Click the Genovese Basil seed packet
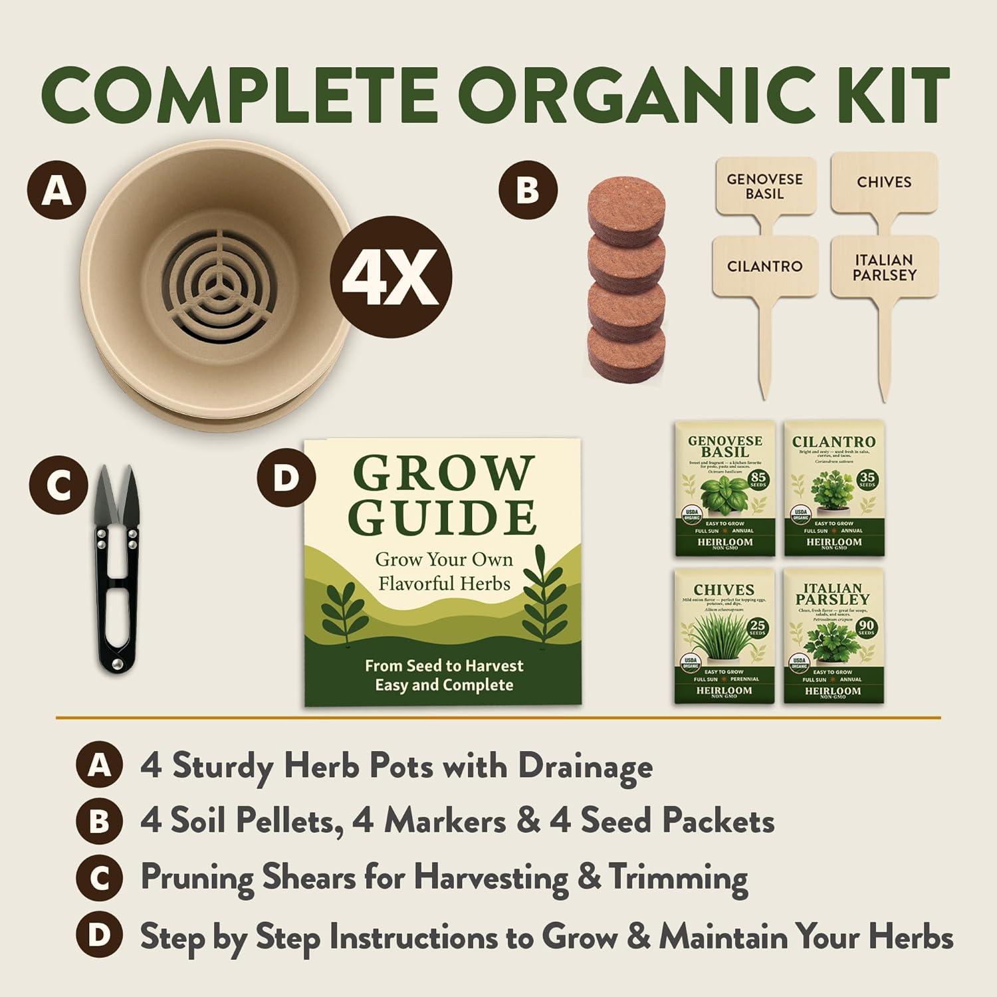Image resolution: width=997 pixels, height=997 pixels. pyautogui.click(x=724, y=489)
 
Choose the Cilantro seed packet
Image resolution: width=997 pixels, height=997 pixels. pyautogui.click(x=833, y=489)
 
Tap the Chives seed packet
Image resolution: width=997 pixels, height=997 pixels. pyautogui.click(x=724, y=636)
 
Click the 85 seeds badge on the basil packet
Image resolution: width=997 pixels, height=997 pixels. pyautogui.click(x=758, y=479)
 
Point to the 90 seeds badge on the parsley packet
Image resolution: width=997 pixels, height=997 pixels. pyautogui.click(x=866, y=629)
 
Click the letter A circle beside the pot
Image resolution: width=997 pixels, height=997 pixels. pyautogui.click(x=57, y=191)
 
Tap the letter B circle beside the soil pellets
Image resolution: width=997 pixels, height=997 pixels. pyautogui.click(x=528, y=189)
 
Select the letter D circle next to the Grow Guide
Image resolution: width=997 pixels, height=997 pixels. pyautogui.click(x=286, y=477)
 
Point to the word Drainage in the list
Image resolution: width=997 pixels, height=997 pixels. pyautogui.click(x=585, y=766)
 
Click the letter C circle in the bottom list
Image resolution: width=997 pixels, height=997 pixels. pyautogui.click(x=99, y=879)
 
